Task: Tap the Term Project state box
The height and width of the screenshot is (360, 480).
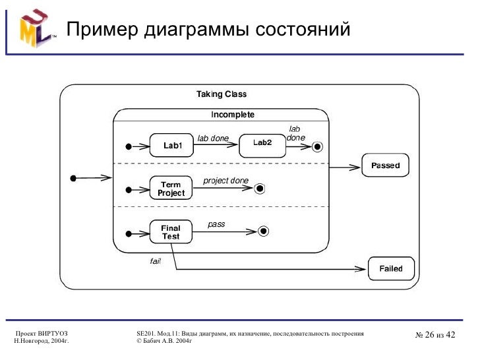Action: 171,189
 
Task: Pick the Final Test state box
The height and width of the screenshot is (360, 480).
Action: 171,232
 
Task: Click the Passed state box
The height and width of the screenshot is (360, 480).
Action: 385,165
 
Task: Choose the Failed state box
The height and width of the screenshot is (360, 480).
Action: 390,268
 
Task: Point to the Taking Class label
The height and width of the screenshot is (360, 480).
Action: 222,94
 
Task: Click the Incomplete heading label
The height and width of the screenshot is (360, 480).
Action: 232,115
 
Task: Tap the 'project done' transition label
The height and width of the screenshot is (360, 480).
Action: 225,181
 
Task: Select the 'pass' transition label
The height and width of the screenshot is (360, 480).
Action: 216,224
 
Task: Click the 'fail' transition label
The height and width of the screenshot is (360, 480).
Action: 155,261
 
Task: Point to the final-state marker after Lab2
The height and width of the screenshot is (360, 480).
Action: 317,146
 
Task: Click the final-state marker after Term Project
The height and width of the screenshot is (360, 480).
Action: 260,189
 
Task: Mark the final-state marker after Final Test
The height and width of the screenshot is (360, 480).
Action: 263,231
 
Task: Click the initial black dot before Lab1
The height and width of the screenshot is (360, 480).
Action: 129,146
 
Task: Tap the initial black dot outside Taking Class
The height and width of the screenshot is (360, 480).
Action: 75,177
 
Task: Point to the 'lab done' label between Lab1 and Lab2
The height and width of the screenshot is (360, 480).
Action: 213,138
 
